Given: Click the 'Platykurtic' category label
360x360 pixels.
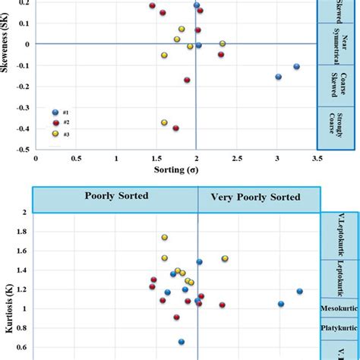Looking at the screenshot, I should pyautogui.click(x=340, y=328).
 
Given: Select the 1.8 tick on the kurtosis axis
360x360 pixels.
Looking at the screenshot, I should pyautogui.click(x=23, y=232).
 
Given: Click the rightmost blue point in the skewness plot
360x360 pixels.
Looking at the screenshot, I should pyautogui.click(x=296, y=67).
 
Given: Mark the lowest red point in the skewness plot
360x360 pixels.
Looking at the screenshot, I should pyautogui.click(x=175, y=128).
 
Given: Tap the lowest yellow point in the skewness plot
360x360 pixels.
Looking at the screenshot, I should pyautogui.click(x=163, y=122).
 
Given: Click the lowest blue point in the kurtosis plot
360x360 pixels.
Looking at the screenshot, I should pyautogui.click(x=181, y=343).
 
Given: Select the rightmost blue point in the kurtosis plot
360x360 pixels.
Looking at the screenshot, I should pyautogui.click(x=299, y=291).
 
